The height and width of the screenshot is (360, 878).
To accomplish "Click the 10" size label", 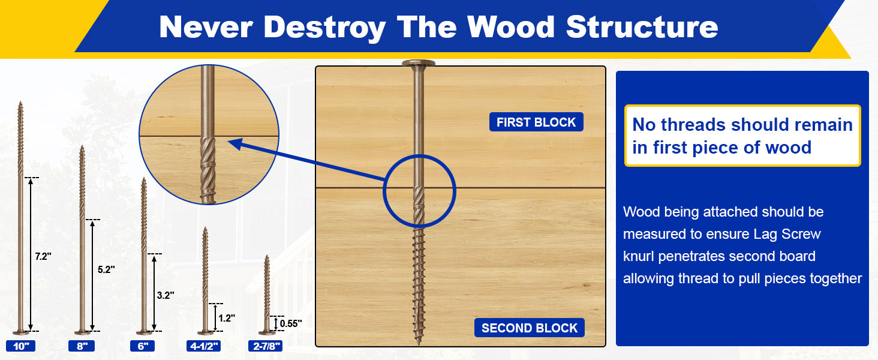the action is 21,346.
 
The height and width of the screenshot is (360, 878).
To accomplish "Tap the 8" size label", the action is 82,346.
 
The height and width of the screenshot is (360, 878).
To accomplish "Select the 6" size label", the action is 143,346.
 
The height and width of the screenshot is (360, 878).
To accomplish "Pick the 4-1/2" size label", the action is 203,346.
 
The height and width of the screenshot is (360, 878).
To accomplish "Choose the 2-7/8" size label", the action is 265,346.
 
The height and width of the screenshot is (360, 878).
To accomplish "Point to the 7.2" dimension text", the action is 43,256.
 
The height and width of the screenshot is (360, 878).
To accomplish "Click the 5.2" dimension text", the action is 106,269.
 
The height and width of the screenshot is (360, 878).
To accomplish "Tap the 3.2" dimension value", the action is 166,295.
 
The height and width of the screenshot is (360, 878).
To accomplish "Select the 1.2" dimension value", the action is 227,318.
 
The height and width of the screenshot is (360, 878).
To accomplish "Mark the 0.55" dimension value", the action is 291,323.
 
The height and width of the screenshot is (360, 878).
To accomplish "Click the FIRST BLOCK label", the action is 536,122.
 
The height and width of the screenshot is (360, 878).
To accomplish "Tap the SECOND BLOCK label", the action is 530,328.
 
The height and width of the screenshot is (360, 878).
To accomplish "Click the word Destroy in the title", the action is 324,28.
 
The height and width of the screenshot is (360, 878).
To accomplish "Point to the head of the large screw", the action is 419,63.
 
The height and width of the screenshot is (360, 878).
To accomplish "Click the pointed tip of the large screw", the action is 419,344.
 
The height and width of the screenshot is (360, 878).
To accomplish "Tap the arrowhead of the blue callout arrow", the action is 234,143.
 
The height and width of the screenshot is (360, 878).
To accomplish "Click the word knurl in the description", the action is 639,256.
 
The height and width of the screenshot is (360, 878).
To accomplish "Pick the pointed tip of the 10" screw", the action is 20,103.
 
